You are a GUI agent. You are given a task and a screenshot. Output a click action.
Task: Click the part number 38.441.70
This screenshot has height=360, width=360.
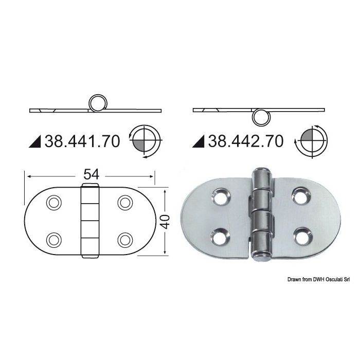pyautogui.click(x=82, y=141)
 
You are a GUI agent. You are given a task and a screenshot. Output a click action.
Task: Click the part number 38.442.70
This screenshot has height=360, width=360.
pyautogui.click(x=246, y=141)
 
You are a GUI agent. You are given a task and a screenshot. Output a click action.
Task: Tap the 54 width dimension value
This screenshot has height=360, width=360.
pyautogui.click(x=91, y=174)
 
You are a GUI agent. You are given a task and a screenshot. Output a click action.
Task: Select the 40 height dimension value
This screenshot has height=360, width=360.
pyautogui.click(x=165, y=222)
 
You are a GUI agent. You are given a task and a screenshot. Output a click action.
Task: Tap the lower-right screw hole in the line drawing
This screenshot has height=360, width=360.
pyautogui.click(x=125, y=240)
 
